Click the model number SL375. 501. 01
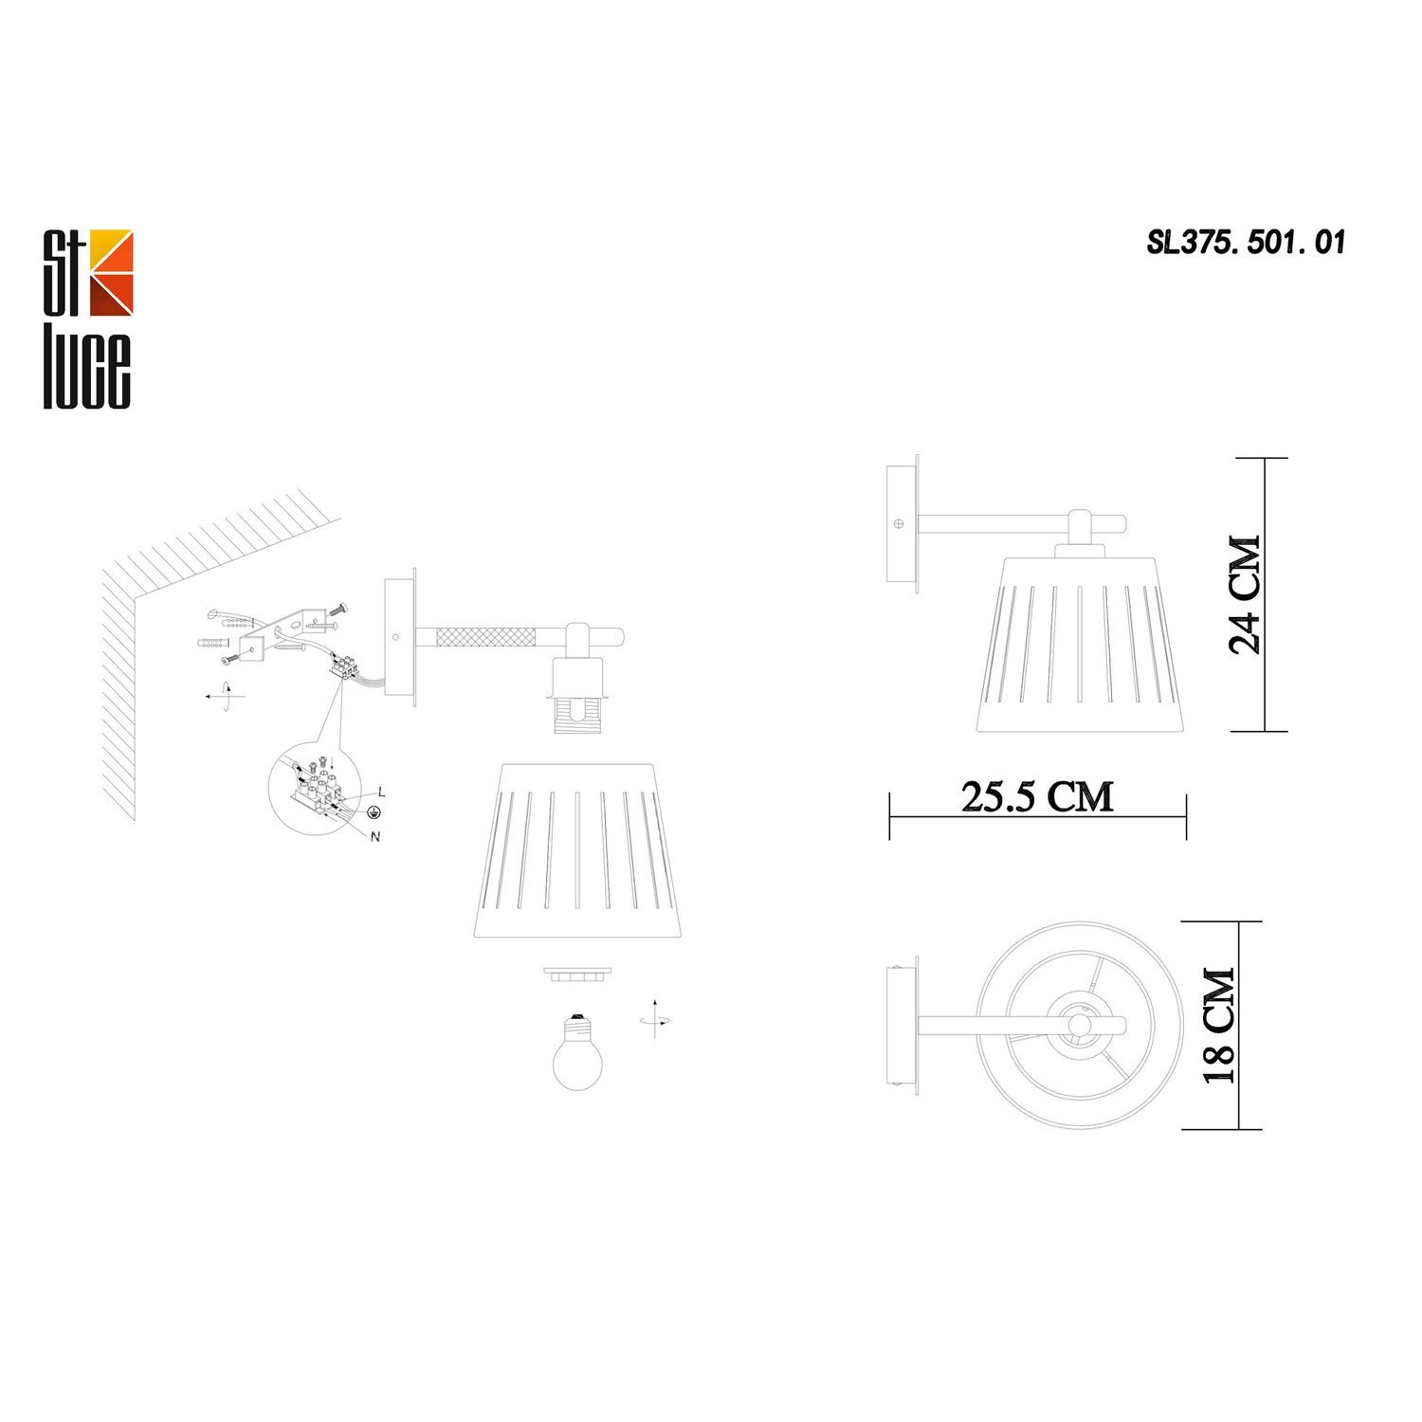pyautogui.click(x=1246, y=243)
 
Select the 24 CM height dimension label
pyautogui.click(x=1246, y=594)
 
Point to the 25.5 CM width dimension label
pyautogui.click(x=1037, y=796)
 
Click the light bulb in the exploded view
pyautogui.click(x=577, y=1052)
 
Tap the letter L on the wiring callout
pyautogui.click(x=380, y=791)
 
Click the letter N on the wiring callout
pyautogui.click(x=375, y=836)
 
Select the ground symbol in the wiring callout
pyautogui.click(x=374, y=812)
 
